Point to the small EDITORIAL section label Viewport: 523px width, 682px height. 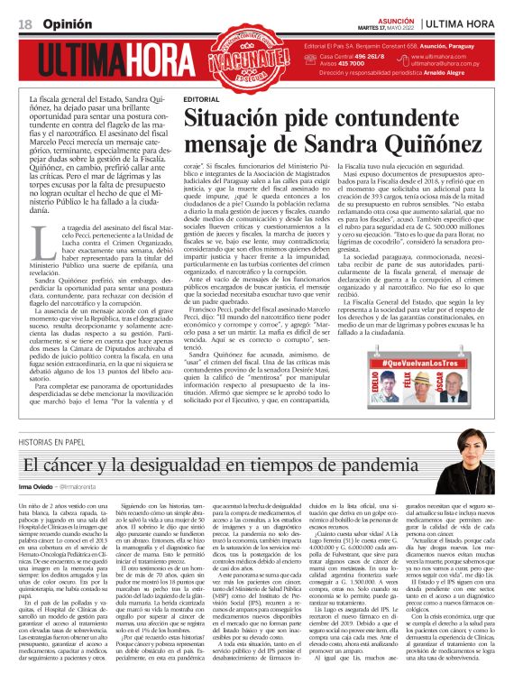(200, 98)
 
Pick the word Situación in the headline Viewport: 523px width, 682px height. (227, 118)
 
